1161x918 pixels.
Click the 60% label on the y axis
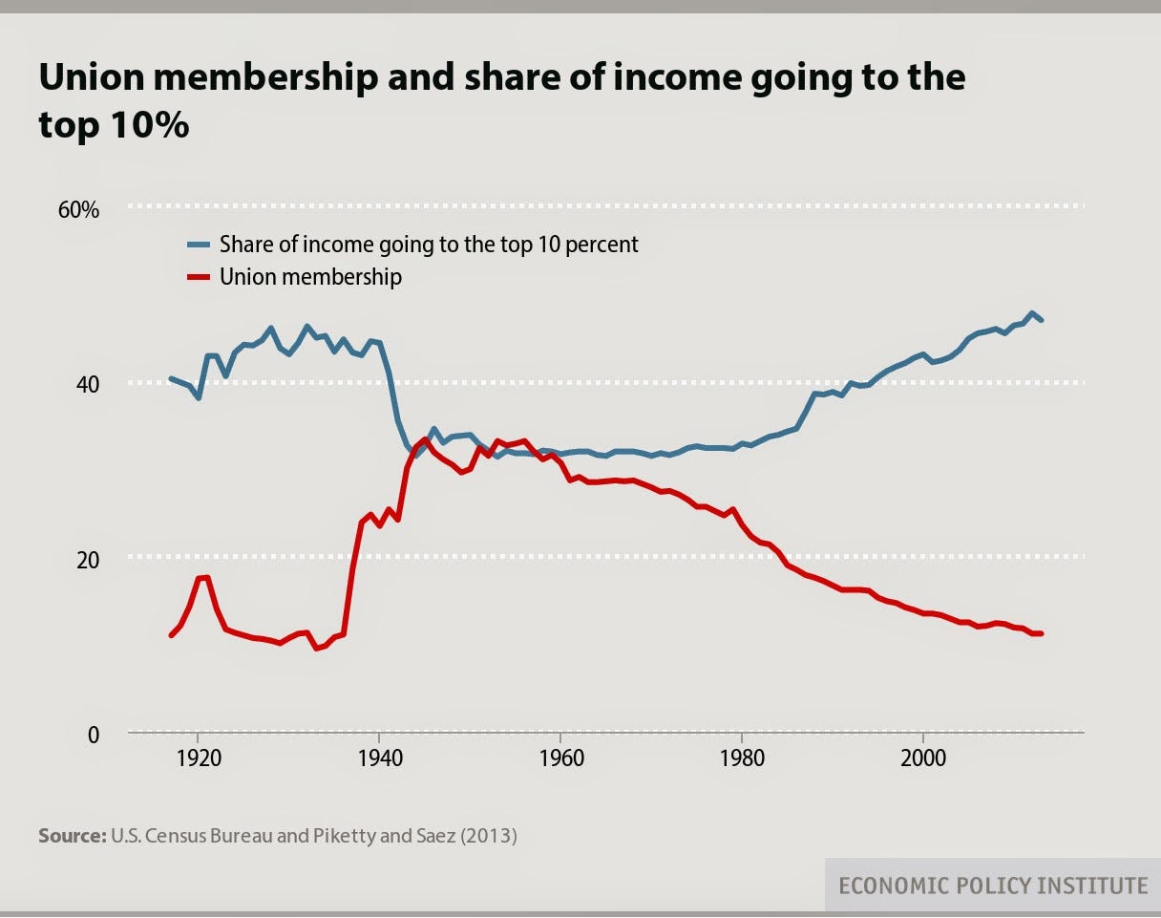[x=79, y=210]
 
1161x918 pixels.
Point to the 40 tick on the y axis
[x=87, y=384]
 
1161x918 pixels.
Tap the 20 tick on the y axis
[x=87, y=559]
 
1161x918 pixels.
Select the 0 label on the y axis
[x=93, y=735]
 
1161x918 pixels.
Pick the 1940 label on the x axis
[x=379, y=760]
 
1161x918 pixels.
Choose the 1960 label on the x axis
[x=560, y=760]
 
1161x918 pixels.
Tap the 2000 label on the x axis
[x=923, y=760]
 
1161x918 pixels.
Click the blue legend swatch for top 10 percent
[x=199, y=245]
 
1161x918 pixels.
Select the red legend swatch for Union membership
[x=199, y=277]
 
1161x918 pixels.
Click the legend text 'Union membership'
[x=310, y=277]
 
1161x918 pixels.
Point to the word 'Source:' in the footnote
[x=72, y=836]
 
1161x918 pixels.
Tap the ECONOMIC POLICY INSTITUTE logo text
[x=993, y=886]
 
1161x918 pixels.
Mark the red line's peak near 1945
[x=425, y=438]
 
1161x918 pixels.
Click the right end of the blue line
[x=1041, y=320]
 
